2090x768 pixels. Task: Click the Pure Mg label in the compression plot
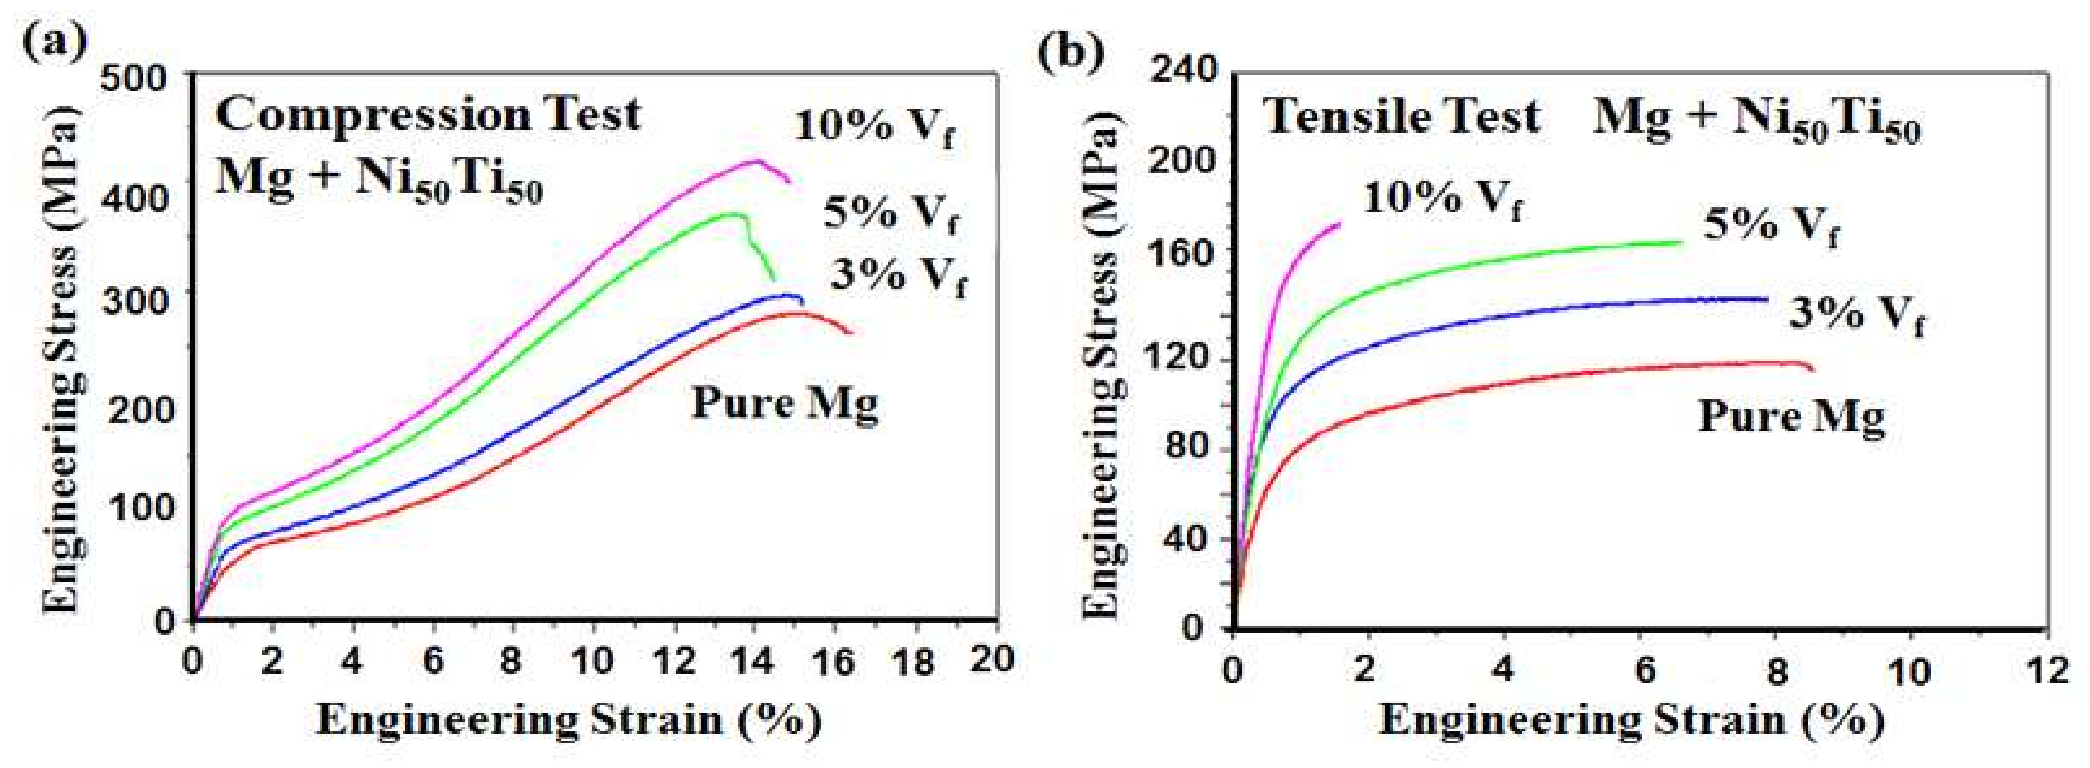coord(784,403)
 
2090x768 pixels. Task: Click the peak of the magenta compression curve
coord(755,161)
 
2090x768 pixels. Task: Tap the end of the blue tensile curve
coord(1766,299)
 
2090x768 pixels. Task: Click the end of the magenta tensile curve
coord(1339,223)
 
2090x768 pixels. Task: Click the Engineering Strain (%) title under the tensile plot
coord(1631,719)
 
